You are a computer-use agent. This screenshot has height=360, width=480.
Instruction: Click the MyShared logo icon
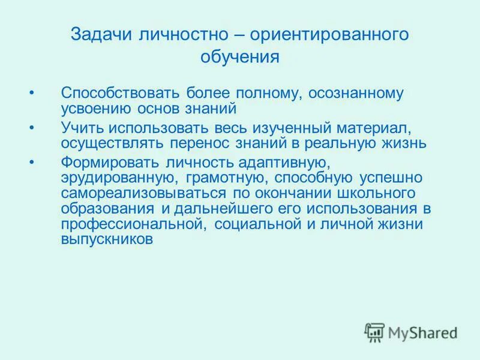click(x=374, y=332)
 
